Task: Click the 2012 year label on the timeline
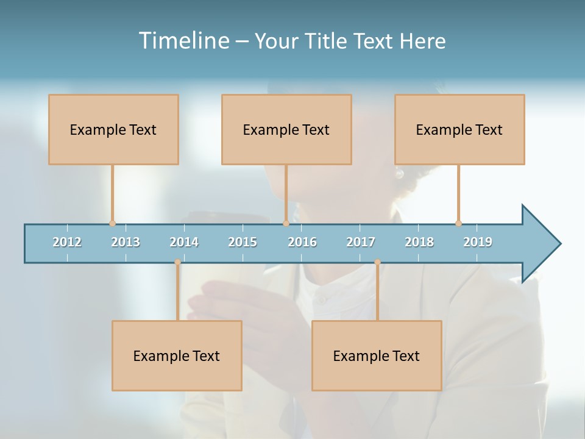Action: tap(67, 242)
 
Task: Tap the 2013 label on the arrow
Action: tap(126, 242)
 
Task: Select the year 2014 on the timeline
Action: tap(184, 242)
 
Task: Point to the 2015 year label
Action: tap(243, 242)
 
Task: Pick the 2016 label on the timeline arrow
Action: tap(302, 242)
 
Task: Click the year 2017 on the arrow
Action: tap(361, 242)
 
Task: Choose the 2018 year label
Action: tap(419, 242)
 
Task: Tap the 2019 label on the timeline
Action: tap(478, 242)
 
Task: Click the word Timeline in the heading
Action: tap(183, 41)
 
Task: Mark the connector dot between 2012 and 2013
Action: tap(112, 223)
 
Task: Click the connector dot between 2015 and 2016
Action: tap(286, 223)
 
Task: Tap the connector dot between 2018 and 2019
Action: tap(458, 223)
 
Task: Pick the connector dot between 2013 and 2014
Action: tap(177, 262)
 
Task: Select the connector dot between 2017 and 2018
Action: tap(377, 262)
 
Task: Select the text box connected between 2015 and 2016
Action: tap(286, 129)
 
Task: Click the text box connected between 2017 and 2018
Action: tap(377, 355)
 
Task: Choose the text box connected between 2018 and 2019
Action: tap(459, 129)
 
